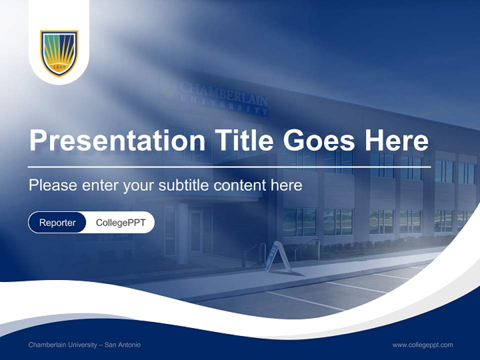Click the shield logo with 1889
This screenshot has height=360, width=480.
(59, 53)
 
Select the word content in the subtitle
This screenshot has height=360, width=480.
(241, 185)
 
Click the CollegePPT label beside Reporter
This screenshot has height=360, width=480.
(120, 222)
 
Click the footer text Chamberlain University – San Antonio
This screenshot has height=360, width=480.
(84, 345)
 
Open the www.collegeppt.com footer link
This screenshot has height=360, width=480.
(422, 345)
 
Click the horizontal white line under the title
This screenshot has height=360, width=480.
(229, 166)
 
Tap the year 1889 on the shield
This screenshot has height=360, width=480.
(59, 66)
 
